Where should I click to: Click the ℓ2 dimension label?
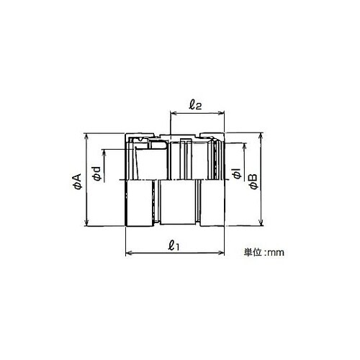coord(194,105)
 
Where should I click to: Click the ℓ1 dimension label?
coord(174,246)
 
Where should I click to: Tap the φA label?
coord(78,181)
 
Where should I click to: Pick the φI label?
coord(237,174)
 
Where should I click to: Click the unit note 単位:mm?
coord(264,252)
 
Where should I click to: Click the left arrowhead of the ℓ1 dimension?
coord(128,253)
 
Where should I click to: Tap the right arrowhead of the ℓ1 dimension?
coord(222,253)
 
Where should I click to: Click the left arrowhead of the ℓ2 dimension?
coord(173,112)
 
